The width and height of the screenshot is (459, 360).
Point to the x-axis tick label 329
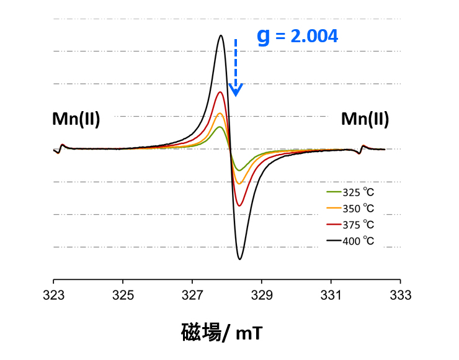[262, 295]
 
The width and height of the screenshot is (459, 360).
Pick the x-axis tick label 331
[331, 295]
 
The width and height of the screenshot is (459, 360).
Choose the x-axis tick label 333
[401, 295]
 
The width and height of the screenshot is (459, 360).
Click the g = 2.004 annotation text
[298, 36]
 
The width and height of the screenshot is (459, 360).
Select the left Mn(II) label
[76, 119]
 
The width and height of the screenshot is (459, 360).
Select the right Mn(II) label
[365, 119]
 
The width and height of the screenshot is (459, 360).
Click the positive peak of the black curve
[221, 35]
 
